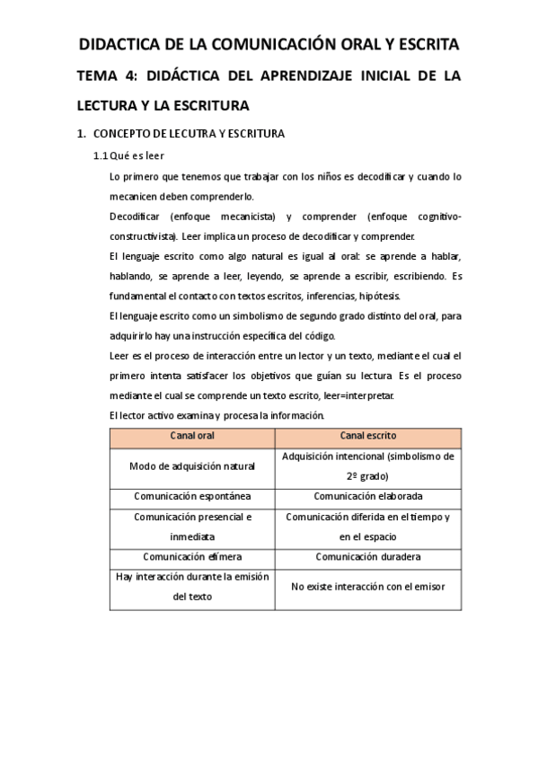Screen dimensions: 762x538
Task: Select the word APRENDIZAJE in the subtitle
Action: coord(301,77)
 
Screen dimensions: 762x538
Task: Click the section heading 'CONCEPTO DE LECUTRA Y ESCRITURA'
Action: coord(189,134)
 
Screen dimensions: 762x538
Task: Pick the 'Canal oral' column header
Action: coord(192,436)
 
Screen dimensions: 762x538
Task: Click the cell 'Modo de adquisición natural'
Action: coord(192,466)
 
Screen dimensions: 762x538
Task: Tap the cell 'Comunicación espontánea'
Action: coord(192,496)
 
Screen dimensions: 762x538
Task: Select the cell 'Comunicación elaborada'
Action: coord(368,496)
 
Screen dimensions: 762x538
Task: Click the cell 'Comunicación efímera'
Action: coord(192,556)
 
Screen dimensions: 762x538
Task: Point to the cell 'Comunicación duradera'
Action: coord(368,556)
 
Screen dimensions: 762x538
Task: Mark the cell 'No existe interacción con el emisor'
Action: coord(368,587)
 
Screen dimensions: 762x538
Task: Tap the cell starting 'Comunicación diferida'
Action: coord(368,527)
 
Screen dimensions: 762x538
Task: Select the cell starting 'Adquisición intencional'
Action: coord(368,466)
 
